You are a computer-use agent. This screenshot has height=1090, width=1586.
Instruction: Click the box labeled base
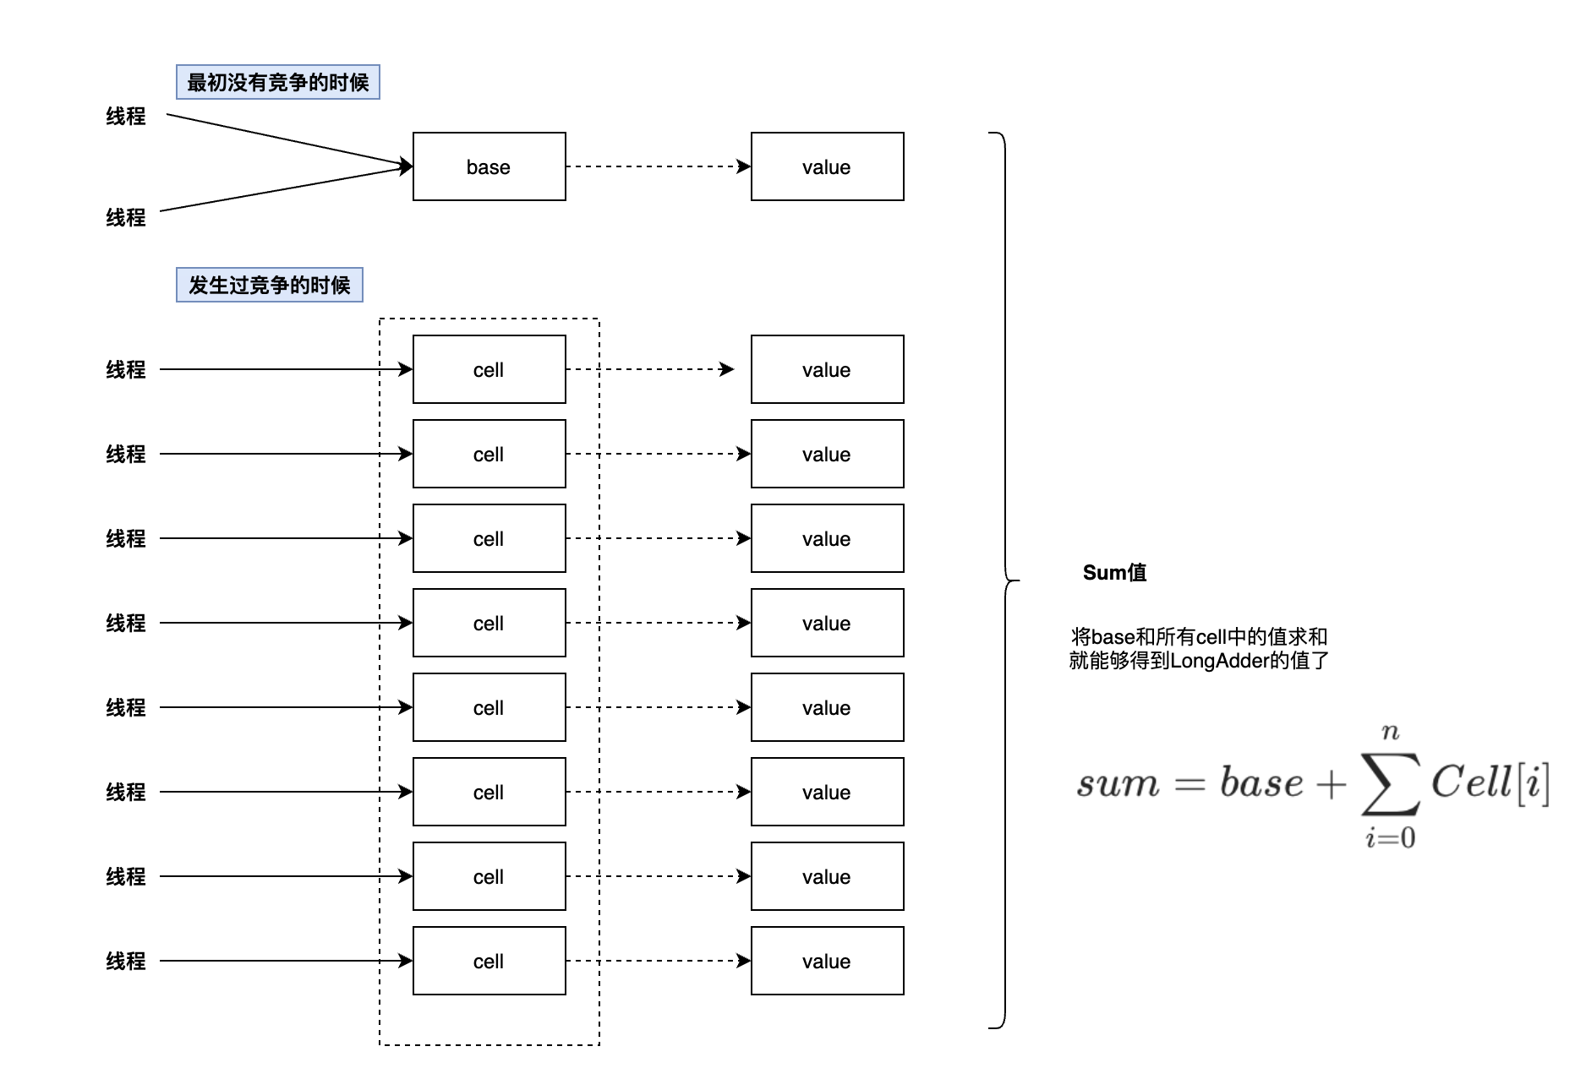[x=489, y=166]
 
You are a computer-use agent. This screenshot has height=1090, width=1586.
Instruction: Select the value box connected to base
[x=827, y=166]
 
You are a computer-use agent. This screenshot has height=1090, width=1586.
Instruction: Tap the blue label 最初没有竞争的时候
[x=277, y=82]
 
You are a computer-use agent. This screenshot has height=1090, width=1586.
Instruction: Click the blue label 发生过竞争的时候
[x=269, y=285]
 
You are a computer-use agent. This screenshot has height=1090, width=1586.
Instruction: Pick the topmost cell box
[x=489, y=369]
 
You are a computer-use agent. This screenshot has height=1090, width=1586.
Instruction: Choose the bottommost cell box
[x=489, y=961]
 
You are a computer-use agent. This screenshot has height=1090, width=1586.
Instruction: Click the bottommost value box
[x=827, y=961]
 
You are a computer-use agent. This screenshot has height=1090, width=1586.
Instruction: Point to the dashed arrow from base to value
[x=658, y=166]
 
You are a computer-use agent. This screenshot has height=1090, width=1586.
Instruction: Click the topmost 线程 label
[x=125, y=116]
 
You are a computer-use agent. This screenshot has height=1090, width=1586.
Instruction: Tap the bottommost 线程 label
[x=125, y=961]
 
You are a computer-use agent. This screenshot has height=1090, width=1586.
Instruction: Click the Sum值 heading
[x=1114, y=572]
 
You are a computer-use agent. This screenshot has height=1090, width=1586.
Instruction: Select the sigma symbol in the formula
[x=1390, y=783]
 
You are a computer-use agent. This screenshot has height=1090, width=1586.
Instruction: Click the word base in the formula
[x=1261, y=783]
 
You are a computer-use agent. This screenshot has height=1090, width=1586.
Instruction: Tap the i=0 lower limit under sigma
[x=1390, y=837]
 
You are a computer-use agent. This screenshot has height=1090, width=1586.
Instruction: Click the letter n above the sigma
[x=1390, y=732]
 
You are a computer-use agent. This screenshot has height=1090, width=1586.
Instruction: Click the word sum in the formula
[x=1118, y=784]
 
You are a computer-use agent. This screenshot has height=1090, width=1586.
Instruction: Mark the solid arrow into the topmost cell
[x=279, y=369]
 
